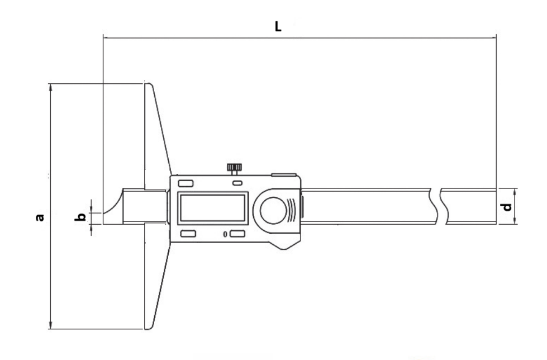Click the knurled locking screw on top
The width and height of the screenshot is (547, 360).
tap(234, 167)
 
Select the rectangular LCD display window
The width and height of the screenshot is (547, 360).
tap(212, 209)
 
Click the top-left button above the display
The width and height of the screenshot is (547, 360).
tap(184, 183)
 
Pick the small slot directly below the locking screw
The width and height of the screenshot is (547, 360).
tap(237, 183)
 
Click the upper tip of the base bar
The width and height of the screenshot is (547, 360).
tap(149, 85)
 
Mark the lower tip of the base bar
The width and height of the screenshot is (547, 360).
tap(149, 327)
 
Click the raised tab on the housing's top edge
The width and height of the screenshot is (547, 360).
tap(284, 175)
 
